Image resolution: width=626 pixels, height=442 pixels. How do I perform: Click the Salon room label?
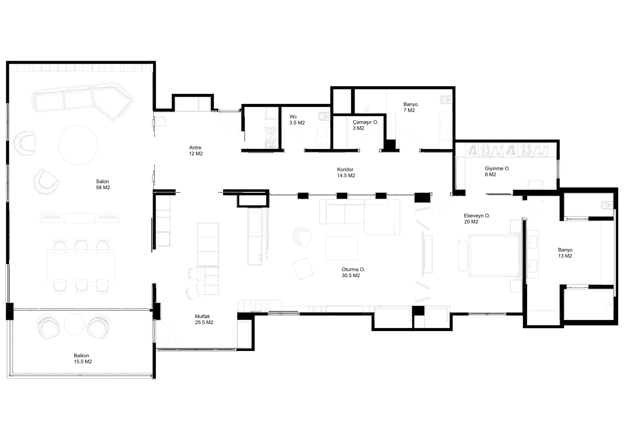tap(103, 185)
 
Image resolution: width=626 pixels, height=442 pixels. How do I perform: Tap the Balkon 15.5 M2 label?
tap(83, 359)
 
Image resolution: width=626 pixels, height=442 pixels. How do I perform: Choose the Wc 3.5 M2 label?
tap(297, 120)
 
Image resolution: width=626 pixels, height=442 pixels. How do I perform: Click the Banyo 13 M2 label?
tap(565, 253)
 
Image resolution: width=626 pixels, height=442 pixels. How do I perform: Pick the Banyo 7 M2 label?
tap(411, 107)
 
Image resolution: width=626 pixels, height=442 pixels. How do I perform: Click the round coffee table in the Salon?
tap(78, 145)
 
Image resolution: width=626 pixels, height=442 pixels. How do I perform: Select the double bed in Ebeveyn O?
tap(494, 255)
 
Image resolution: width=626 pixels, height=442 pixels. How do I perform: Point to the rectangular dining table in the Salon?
tap(81, 266)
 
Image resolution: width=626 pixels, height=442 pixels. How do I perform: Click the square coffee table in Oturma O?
tap(341, 248)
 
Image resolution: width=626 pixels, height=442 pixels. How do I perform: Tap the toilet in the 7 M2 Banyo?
tap(446, 100)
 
